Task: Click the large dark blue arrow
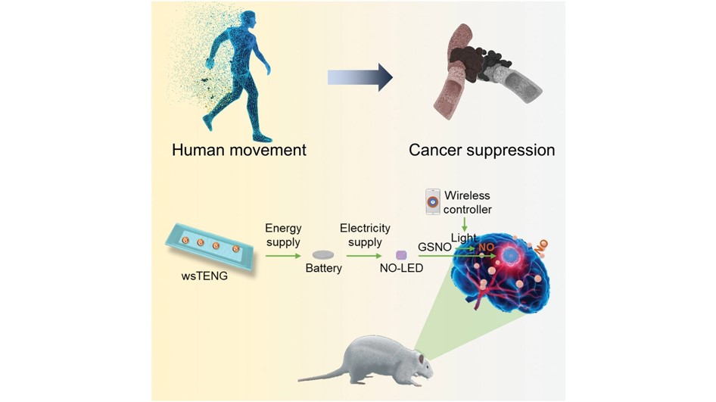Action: click(x=360, y=78)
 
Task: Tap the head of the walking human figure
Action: click(x=247, y=20)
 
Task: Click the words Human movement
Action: click(x=239, y=150)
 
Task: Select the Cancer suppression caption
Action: click(x=481, y=150)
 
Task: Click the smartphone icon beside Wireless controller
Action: click(x=433, y=201)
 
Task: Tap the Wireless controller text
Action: click(x=468, y=202)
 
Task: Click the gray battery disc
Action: click(x=323, y=255)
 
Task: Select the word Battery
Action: click(x=324, y=268)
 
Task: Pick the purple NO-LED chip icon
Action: click(x=401, y=255)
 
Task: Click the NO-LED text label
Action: click(x=401, y=269)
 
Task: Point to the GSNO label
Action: click(x=434, y=247)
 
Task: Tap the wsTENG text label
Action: click(x=204, y=276)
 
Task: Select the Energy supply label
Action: click(x=283, y=235)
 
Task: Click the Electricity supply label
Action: click(x=365, y=235)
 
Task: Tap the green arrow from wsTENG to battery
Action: click(x=283, y=256)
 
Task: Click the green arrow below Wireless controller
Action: click(x=465, y=224)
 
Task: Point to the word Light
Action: click(x=463, y=238)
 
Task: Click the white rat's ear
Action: click(x=422, y=357)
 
